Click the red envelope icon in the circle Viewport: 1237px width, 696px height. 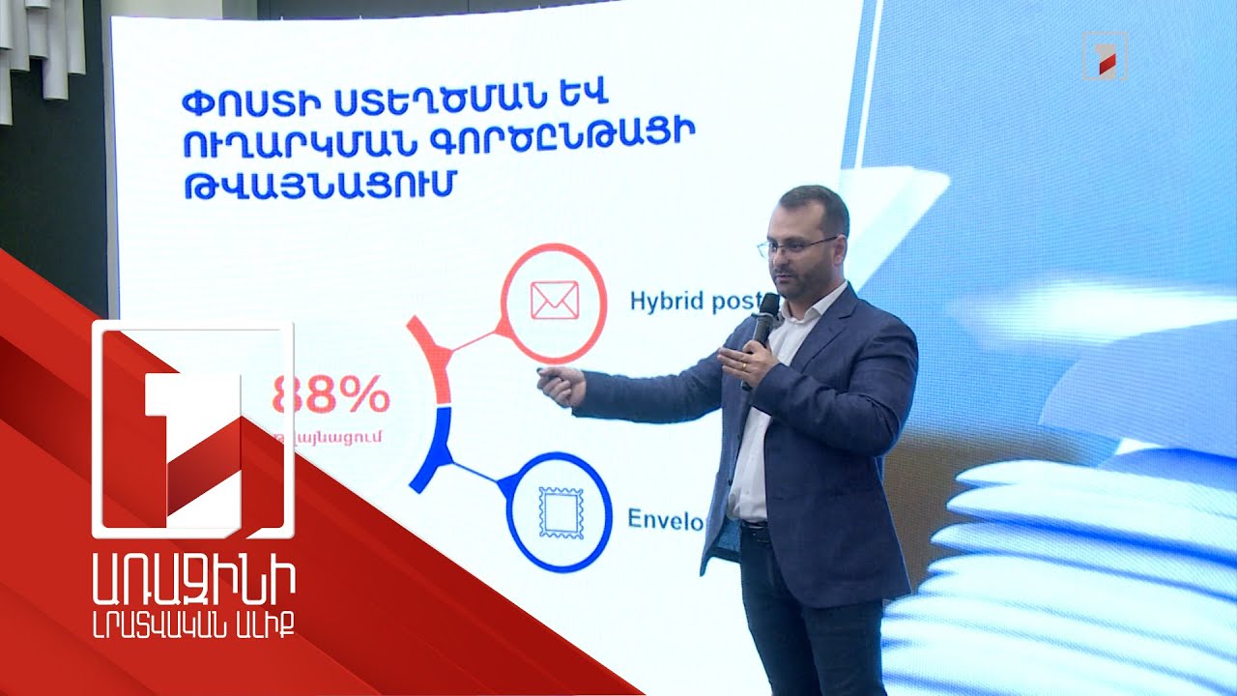pos(554,301)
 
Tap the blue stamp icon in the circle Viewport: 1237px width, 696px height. pos(558,513)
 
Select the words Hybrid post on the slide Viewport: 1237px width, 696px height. pos(694,302)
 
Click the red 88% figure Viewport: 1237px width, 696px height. pos(331,395)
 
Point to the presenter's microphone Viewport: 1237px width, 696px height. pos(765,319)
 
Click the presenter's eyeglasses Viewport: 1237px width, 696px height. pos(798,246)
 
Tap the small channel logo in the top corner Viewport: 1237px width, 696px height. pos(1105,54)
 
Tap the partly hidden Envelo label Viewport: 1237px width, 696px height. pos(666,519)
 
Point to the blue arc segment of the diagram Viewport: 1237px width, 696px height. pos(431,444)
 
